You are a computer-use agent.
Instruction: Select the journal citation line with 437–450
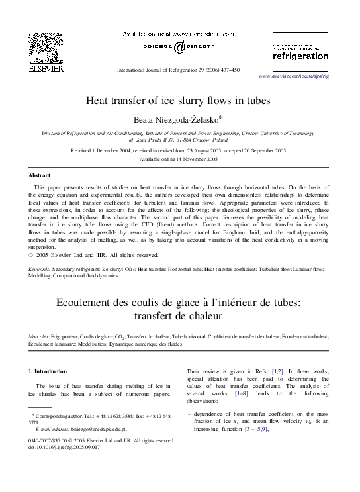coord(178,70)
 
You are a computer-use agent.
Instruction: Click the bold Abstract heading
coord(42,176)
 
